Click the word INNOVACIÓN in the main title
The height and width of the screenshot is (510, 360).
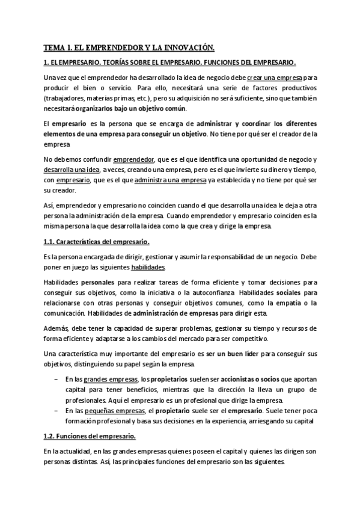[186, 46]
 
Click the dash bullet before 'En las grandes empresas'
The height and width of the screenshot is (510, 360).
[56, 380]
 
